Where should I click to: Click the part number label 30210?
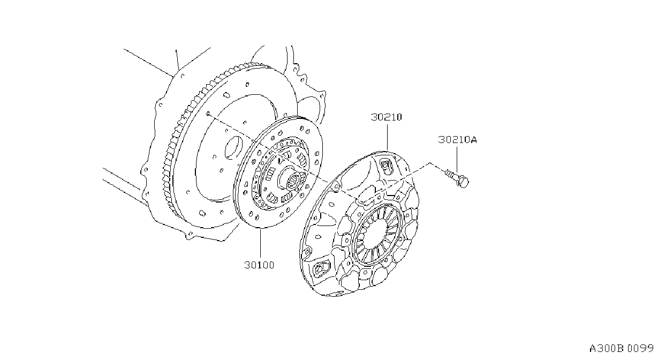386,117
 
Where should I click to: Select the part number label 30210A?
457,140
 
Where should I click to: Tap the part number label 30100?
259,265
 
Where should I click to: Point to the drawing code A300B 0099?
621,349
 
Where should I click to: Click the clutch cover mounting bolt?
457,178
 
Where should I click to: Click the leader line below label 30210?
387,138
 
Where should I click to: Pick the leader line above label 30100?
260,243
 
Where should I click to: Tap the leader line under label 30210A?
457,160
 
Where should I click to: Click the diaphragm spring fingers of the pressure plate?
377,234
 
